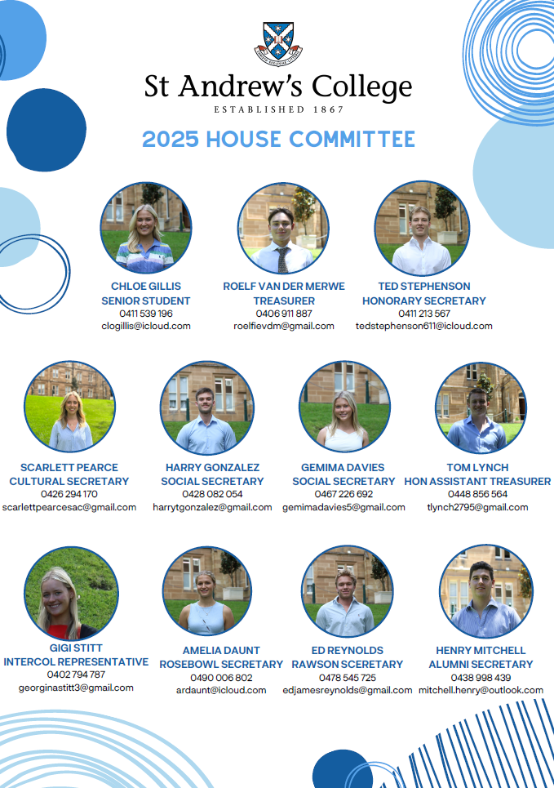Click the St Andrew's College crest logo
click(278, 44)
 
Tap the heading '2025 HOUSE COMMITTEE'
click(278, 139)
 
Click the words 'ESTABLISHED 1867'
click(279, 109)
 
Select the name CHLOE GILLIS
click(146, 286)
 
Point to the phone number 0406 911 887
click(284, 314)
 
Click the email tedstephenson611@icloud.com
click(424, 326)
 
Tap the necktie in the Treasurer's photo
click(283, 260)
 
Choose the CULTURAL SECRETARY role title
click(69, 482)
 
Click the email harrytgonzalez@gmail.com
click(212, 508)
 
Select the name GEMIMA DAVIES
click(343, 467)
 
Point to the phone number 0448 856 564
click(477, 494)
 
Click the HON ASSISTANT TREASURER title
click(477, 482)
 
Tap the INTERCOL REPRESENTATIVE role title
click(76, 662)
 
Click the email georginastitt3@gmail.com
click(76, 688)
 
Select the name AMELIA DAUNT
click(221, 650)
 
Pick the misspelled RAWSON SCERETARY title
click(348, 665)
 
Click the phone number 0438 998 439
click(481, 678)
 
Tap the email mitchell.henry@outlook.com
click(481, 690)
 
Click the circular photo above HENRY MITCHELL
click(486, 591)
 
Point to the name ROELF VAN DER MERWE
click(284, 286)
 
